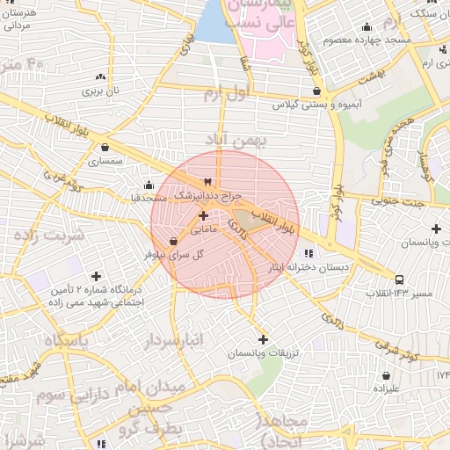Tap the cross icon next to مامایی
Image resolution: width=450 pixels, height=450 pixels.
(203, 215)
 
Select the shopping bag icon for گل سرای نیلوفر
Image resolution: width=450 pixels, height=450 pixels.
(171, 240)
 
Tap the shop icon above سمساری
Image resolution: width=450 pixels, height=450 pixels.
(105, 148)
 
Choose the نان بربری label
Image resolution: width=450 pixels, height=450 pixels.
(106, 90)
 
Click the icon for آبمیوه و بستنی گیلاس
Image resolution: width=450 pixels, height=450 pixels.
(316, 90)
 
